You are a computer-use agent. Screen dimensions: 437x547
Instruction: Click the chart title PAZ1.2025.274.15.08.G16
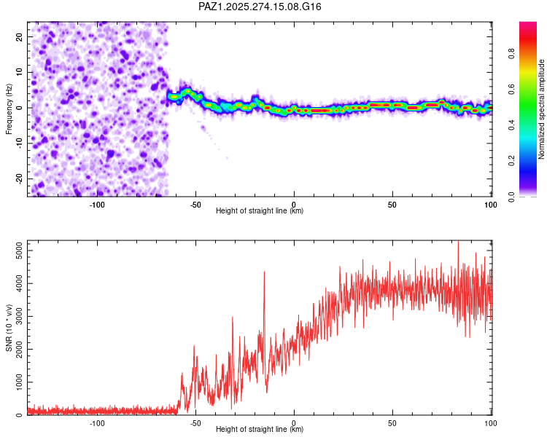click(260, 7)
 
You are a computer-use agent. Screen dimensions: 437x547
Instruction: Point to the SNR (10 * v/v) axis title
click(9, 328)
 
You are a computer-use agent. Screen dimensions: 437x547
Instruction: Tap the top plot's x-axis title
click(260, 211)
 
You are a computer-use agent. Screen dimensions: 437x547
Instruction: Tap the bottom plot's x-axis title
click(260, 430)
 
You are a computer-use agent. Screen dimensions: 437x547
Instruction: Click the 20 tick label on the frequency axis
click(19, 36)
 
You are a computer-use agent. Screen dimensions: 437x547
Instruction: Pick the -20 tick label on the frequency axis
click(18, 178)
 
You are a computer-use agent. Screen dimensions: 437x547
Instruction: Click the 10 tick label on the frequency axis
click(19, 72)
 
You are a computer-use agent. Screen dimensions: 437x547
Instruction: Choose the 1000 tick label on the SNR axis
click(15, 382)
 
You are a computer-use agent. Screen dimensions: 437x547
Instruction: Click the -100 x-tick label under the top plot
click(97, 204)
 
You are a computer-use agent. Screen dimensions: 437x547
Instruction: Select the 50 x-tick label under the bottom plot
click(392, 422)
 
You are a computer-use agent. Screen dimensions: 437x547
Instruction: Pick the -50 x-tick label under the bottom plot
click(195, 422)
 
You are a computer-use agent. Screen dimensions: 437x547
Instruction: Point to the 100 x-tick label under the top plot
click(490, 204)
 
